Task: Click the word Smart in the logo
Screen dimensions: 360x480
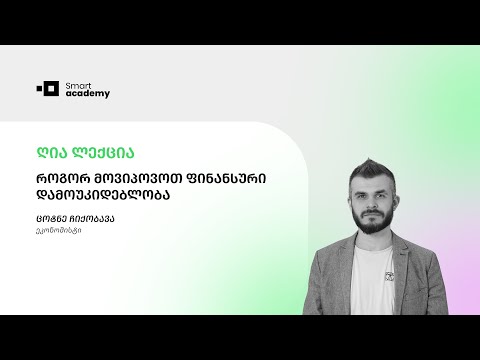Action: (x=77, y=84)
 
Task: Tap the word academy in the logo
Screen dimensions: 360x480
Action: (x=89, y=94)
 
